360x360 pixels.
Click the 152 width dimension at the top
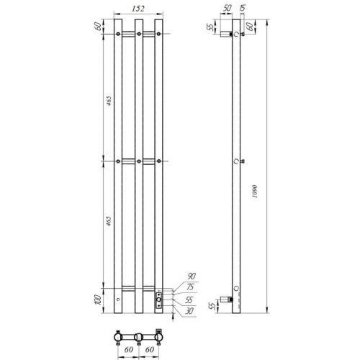click(138, 9)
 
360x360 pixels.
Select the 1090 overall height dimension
click(255, 192)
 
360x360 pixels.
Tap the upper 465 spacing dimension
click(109, 101)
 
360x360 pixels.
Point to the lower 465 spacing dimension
click(109, 221)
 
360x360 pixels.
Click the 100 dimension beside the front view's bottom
click(99, 300)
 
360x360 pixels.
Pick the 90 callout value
click(192, 276)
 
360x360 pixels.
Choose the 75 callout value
click(190, 287)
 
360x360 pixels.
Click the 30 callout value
click(189, 311)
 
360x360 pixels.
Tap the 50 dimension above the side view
click(227, 9)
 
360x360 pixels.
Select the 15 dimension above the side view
click(243, 9)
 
